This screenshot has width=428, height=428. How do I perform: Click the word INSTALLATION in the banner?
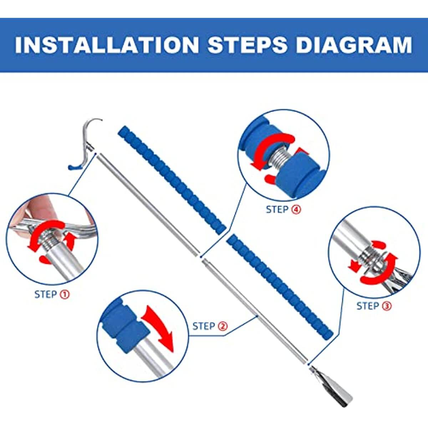tap(107, 45)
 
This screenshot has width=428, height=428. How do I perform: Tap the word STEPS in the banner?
tap(248, 45)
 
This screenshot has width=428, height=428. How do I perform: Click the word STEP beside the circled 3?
tap(368, 306)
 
